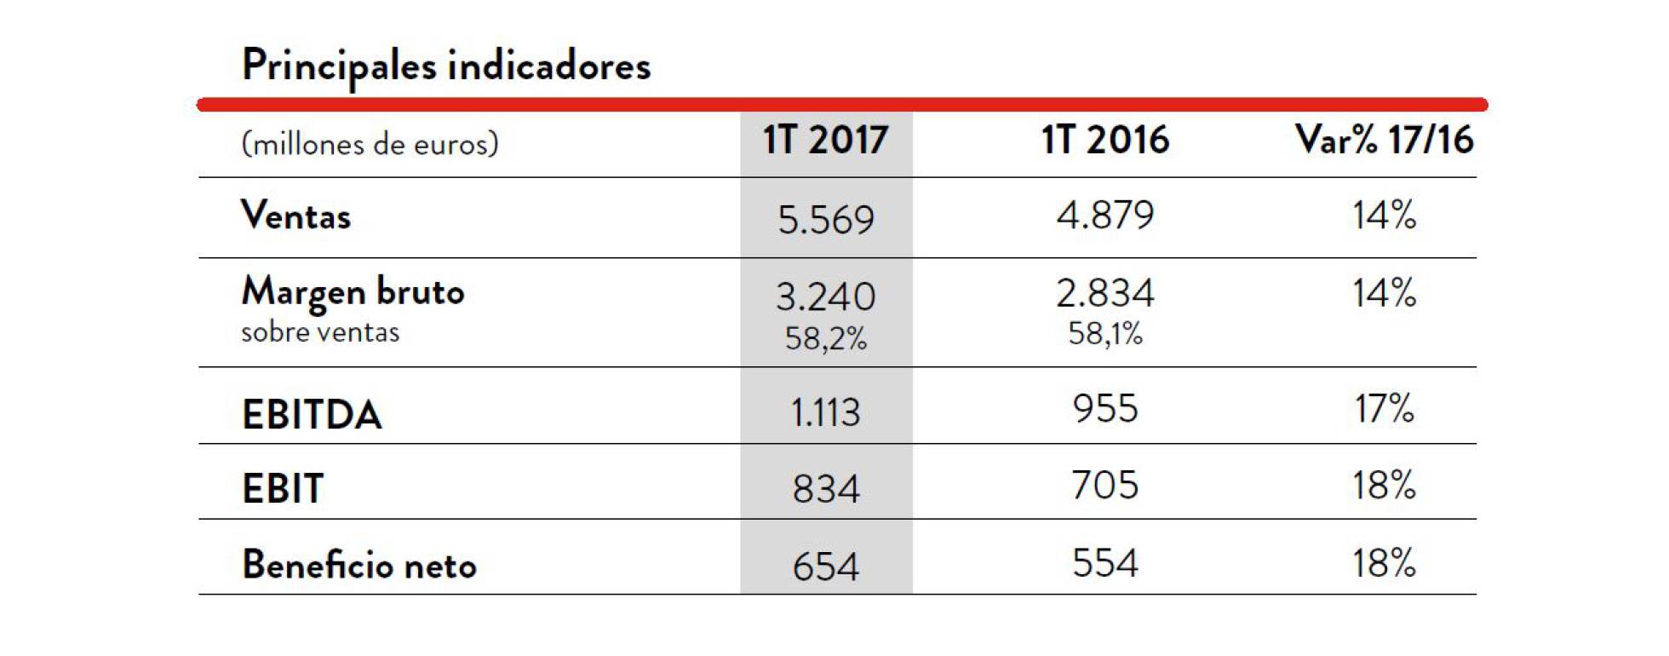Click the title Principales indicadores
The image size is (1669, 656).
tap(445, 66)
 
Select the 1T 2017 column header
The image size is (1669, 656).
tap(825, 140)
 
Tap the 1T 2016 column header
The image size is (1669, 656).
tap(1105, 139)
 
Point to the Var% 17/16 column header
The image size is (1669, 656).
tap(1384, 139)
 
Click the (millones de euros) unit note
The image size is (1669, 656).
tap(370, 144)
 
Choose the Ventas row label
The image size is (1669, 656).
tap(295, 216)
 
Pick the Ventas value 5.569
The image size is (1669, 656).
tap(825, 220)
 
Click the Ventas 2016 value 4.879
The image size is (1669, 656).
tap(1105, 215)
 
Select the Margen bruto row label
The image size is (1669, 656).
tap(353, 292)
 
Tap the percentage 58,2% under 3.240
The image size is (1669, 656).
tap(825, 339)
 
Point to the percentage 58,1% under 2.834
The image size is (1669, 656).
tap(1105, 334)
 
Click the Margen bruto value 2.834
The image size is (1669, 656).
tap(1105, 294)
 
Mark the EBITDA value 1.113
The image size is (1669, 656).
tap(825, 413)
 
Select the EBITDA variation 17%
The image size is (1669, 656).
tap(1384, 409)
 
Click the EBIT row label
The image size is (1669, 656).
tap(283, 489)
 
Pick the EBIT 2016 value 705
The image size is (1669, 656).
tap(1105, 486)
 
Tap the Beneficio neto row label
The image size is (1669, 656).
tap(358, 565)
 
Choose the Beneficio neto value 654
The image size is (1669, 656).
tap(825, 567)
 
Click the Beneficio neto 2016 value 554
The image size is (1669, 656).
tap(1105, 563)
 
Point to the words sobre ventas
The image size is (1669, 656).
tap(319, 332)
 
